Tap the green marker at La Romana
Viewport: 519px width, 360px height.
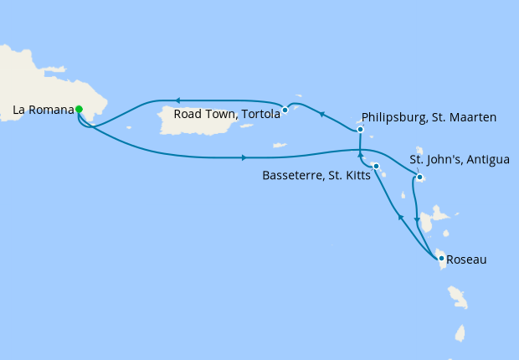coord(79,109)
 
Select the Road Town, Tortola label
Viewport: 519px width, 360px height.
coord(226,115)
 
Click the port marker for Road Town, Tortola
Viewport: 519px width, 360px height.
coord(285,110)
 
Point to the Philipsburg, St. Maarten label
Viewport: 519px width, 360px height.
coord(429,117)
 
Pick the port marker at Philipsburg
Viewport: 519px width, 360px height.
coord(360,130)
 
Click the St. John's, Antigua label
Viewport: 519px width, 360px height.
coord(458,159)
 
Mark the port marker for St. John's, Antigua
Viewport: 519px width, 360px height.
coord(419,177)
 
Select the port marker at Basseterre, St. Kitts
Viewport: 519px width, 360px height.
coord(376,167)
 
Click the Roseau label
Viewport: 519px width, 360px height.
coord(467,260)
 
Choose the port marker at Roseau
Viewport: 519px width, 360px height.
coord(442,258)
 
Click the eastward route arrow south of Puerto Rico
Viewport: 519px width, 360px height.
coord(243,157)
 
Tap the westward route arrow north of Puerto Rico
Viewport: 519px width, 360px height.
coord(177,101)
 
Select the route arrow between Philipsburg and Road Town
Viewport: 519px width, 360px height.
coord(321,113)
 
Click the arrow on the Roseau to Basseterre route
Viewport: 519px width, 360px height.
coord(400,218)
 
